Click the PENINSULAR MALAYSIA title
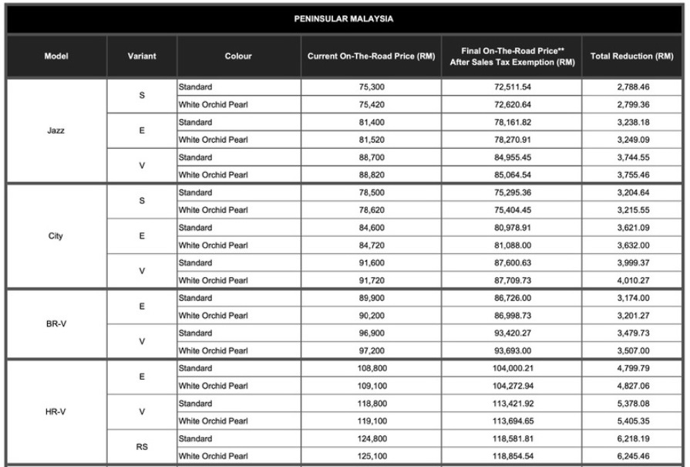pos(344,17)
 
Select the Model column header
pos(55,56)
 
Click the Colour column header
pos(239,56)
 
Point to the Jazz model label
pos(55,130)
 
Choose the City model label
pos(55,235)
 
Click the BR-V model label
pos(55,323)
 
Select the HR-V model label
pos(55,411)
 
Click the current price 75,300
pos(371,86)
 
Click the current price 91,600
pos(371,262)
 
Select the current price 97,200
pos(371,350)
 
